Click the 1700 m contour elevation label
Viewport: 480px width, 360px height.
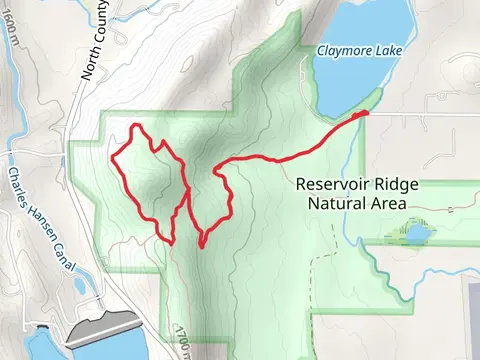181,339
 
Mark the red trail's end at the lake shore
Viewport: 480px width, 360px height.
366,114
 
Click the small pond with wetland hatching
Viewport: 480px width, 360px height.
414,234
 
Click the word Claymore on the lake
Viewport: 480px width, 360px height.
338,50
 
